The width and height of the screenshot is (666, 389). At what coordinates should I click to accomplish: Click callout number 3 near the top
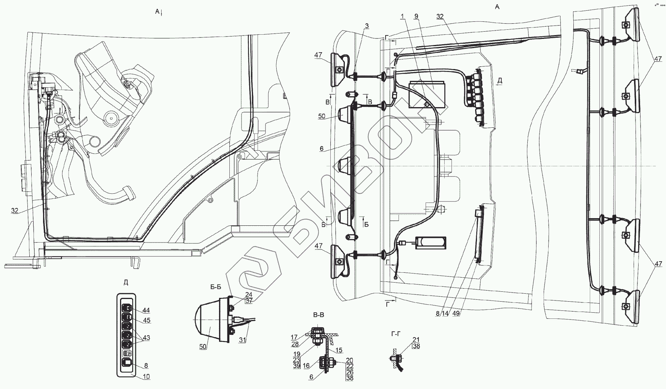(x=367, y=26)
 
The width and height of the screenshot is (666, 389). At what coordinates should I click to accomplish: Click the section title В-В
(x=318, y=315)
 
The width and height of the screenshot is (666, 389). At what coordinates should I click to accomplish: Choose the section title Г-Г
(x=396, y=333)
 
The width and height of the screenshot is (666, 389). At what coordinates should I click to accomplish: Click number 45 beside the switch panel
(x=146, y=321)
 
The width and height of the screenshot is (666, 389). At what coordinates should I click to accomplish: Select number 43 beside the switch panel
(x=146, y=338)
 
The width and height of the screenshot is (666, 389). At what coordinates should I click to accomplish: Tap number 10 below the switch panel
(x=146, y=377)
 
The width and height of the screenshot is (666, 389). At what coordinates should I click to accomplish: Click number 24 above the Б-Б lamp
(x=248, y=294)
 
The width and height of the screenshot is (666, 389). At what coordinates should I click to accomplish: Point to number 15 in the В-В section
(x=339, y=350)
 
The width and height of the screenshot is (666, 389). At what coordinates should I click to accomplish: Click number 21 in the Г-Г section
(x=416, y=339)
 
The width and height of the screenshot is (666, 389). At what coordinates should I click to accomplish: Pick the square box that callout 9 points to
(x=427, y=94)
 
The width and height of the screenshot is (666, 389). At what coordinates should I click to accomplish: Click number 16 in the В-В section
(x=306, y=365)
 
